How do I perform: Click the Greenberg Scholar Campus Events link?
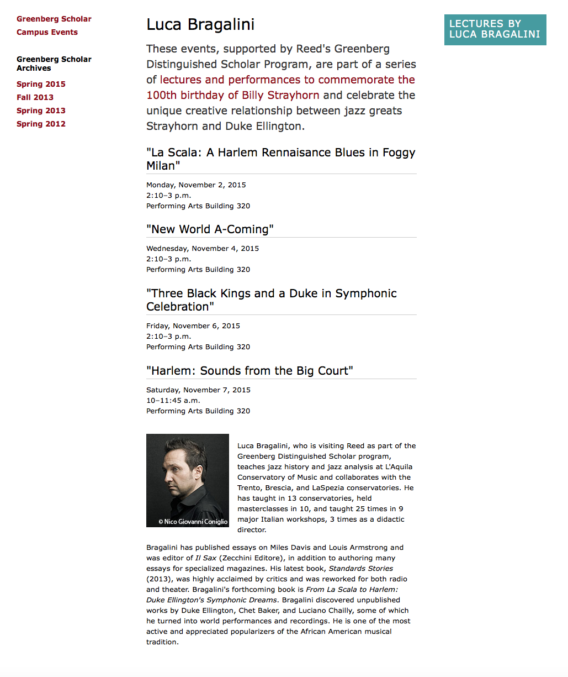coord(54,25)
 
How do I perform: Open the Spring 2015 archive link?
coord(41,84)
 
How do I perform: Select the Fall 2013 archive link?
coord(35,97)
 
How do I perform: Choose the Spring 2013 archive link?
coord(41,111)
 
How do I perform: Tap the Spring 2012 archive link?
coord(41,124)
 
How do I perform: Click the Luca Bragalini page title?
coord(200,24)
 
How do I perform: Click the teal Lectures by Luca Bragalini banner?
coord(495,29)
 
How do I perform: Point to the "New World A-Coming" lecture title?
coord(210,229)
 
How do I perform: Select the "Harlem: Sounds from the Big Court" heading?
coord(250,371)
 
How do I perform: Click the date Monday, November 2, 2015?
coord(196,185)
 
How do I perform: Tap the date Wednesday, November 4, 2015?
coord(203,249)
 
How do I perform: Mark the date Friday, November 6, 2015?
coord(193,326)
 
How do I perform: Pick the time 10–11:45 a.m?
coord(173,401)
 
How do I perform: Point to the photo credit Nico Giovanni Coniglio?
coord(193,521)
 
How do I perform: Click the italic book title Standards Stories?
coord(361,569)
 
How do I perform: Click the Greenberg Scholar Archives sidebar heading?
coord(54,64)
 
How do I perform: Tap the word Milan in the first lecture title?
coord(161,166)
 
